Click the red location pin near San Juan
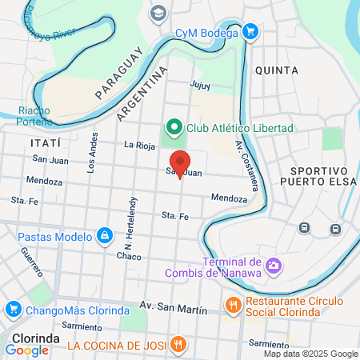[x=180, y=162]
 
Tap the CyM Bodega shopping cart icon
[x=250, y=33]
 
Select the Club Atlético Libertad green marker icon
[x=172, y=128]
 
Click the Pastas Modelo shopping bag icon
[x=104, y=236]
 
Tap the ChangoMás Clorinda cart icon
[x=12, y=309]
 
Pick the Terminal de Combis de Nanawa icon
[x=274, y=265]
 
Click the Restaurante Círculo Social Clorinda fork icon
[x=234, y=304]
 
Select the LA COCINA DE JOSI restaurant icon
[x=178, y=345]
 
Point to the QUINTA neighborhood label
[x=276, y=70]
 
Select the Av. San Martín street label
[x=173, y=306]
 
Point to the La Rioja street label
[x=138, y=145]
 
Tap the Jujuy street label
[x=199, y=84]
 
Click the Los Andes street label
[x=94, y=153]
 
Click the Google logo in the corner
[x=27, y=350]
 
